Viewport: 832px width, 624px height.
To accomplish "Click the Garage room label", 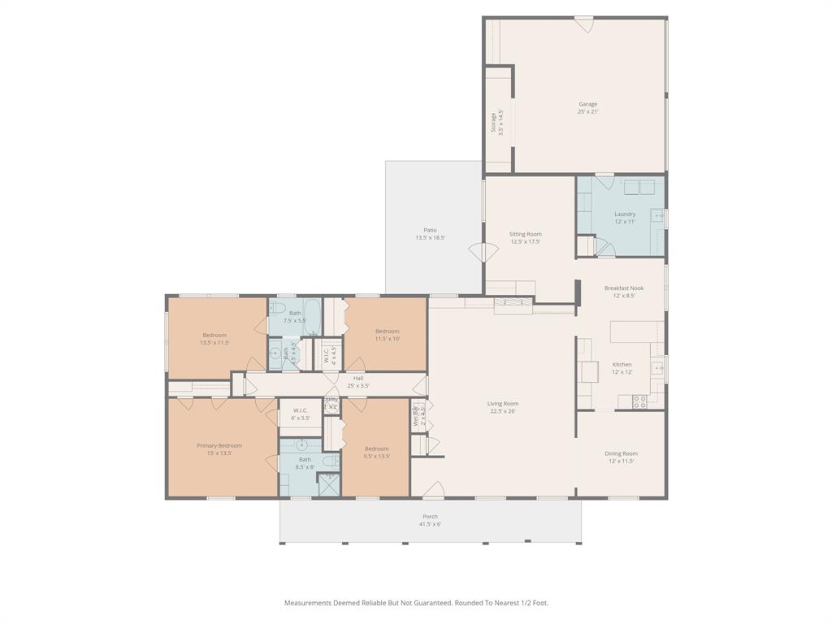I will pos(587,104).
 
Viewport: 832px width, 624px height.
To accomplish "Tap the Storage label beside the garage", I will pos(493,122).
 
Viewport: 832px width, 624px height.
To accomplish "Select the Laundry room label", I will pos(625,214).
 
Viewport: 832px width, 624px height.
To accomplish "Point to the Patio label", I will pos(430,230).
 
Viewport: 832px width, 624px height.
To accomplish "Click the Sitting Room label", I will pos(525,234).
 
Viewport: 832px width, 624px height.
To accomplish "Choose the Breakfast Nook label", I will pos(624,288).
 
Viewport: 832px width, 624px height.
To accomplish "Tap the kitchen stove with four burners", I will pos(639,401).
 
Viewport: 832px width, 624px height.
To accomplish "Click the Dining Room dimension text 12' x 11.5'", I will pos(621,461).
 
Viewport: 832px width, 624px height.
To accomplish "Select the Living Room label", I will pos(502,404).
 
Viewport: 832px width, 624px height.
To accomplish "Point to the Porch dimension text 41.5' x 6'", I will pos(430,524).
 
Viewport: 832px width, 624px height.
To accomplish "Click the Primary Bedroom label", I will pos(219,445).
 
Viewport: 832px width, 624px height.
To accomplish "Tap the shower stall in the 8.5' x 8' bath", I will pos(328,485).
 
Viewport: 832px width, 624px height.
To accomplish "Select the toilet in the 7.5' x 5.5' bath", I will pos(275,310).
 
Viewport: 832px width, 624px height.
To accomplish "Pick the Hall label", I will pos(358,378).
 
